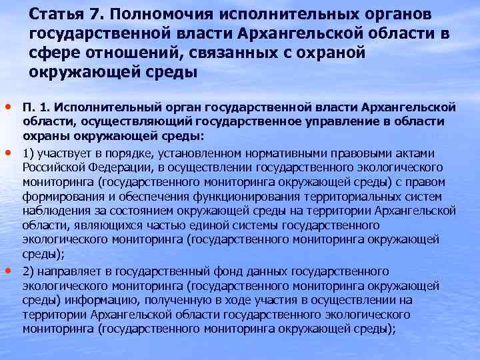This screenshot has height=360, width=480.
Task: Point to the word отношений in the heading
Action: pos(122,53)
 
